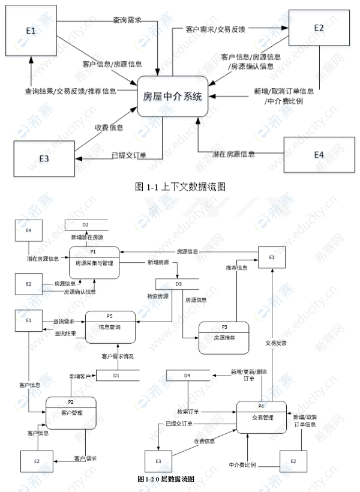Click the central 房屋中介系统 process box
pyautogui.click(x=173, y=95)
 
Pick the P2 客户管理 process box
pyautogui.click(x=71, y=413)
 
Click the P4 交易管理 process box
pyautogui.click(x=261, y=417)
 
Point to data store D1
pyautogui.click(x=117, y=375)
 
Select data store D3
pyautogui.click(x=178, y=283)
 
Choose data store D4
pyautogui.click(x=188, y=376)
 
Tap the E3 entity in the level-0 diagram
pyautogui.click(x=158, y=460)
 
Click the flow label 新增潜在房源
pyautogui.click(x=86, y=238)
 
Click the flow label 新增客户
pyautogui.click(x=80, y=376)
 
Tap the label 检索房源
pyautogui.click(x=158, y=296)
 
